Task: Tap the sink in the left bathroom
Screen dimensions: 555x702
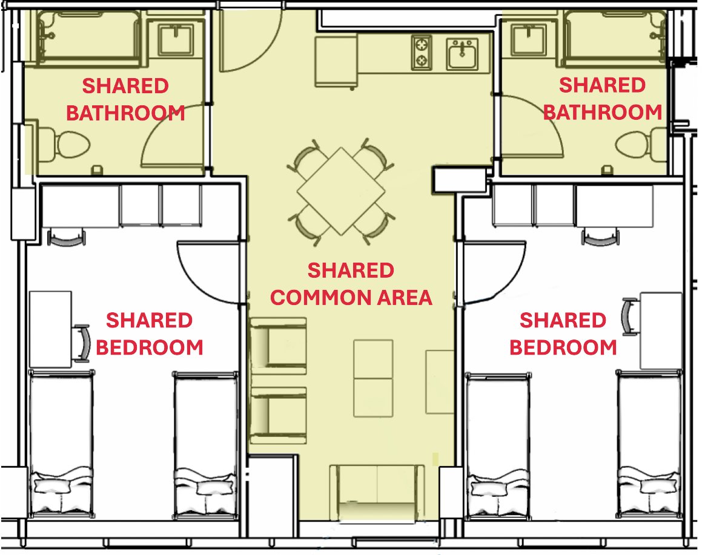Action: (176, 40)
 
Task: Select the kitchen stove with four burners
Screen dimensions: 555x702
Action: (422, 53)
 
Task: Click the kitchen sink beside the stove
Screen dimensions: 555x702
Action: (463, 54)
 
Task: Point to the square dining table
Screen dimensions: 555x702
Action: (341, 191)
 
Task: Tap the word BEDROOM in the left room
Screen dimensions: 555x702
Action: (150, 347)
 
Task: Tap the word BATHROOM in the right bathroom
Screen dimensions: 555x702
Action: (603, 113)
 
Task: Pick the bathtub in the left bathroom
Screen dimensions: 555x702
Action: (89, 38)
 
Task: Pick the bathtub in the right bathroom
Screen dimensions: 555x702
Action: (617, 38)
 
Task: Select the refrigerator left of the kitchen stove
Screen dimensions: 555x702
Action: (335, 62)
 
